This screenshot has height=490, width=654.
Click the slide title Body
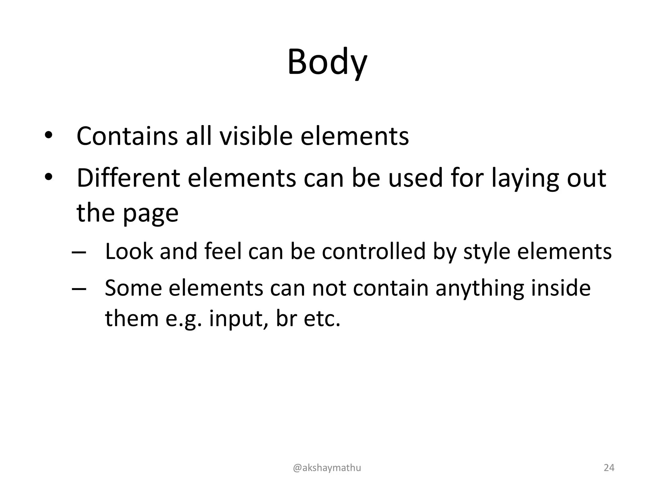327,62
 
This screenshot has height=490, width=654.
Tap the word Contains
127,136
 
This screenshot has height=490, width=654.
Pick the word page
150,214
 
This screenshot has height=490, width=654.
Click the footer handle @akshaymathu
327,468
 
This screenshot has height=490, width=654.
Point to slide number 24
609,468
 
